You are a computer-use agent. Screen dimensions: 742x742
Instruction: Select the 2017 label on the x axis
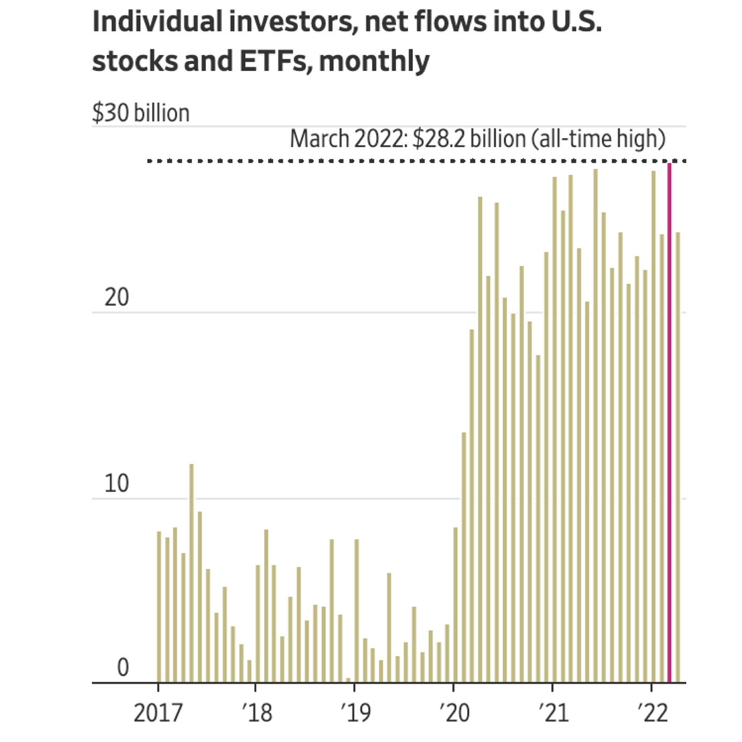(158, 713)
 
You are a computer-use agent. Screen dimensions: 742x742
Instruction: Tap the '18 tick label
(257, 713)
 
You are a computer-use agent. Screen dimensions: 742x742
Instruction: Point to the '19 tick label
(355, 713)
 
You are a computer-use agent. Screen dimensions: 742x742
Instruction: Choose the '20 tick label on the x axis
(454, 713)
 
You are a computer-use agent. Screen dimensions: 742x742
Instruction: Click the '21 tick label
(553, 713)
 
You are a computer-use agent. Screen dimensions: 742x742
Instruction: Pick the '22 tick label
(653, 713)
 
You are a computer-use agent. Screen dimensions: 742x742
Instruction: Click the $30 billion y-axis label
(141, 113)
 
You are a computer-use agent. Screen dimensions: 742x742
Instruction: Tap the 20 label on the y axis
(117, 297)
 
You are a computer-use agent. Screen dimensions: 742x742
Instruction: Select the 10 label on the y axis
(117, 483)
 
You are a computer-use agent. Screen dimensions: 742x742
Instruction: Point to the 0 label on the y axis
(123, 668)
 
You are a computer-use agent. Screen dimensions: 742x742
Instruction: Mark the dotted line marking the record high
(376, 161)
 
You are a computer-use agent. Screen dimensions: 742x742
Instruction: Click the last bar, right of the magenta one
(678, 457)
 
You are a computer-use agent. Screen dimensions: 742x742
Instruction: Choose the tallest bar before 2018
(191, 573)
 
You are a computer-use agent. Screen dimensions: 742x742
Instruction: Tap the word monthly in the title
(374, 61)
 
